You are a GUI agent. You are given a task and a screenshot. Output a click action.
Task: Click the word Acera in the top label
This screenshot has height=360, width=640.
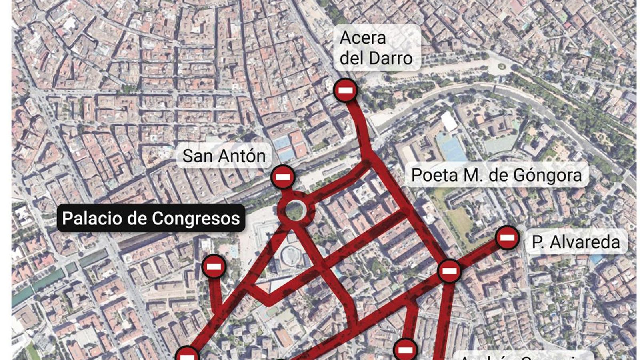(362, 38)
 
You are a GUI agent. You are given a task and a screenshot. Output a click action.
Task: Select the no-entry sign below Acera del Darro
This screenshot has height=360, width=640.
(346, 90)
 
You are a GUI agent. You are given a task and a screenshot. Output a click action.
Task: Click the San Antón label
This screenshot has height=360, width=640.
(224, 156)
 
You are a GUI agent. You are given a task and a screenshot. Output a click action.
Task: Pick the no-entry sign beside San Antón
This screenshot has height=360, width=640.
(283, 177)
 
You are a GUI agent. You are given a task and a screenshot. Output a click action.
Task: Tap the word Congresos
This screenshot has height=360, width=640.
(196, 218)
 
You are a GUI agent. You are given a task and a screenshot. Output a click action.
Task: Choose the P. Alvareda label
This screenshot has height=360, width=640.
(576, 242)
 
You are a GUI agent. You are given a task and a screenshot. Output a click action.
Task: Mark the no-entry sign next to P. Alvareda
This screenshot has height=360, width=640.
(507, 238)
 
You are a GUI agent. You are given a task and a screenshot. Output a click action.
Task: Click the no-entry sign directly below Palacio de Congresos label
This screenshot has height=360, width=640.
(214, 266)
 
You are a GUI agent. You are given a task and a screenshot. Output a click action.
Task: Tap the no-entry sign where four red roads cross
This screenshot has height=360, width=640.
(449, 272)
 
